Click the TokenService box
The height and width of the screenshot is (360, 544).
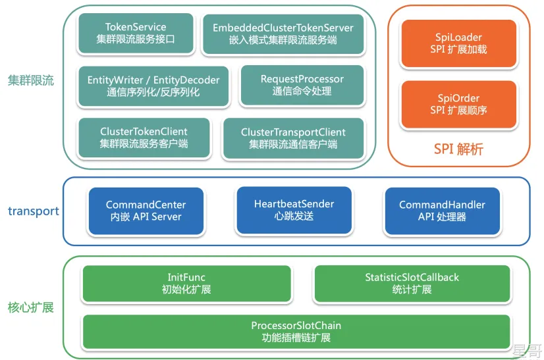[136, 33]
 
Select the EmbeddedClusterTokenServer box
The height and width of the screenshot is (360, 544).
[283, 34]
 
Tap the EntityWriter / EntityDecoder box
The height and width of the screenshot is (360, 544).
[153, 86]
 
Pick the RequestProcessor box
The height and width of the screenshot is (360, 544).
[302, 85]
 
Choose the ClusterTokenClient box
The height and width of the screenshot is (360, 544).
[144, 137]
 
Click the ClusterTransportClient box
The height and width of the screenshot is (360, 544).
[293, 138]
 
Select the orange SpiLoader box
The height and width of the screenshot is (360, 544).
[458, 43]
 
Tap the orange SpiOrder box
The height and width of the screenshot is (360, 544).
[458, 104]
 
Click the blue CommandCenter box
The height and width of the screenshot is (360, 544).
[146, 211]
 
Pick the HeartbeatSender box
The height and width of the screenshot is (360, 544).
[294, 210]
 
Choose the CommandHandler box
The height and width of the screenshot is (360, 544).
[442, 211]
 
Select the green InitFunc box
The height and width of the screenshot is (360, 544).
[186, 283]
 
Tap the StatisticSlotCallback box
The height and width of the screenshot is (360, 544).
[412, 283]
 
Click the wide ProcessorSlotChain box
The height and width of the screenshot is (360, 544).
[296, 331]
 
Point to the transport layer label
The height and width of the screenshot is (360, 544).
[33, 211]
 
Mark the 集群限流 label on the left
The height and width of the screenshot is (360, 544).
[30, 81]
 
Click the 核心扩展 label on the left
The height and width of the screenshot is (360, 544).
[30, 307]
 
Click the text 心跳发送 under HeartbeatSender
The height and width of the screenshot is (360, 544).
[294, 216]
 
